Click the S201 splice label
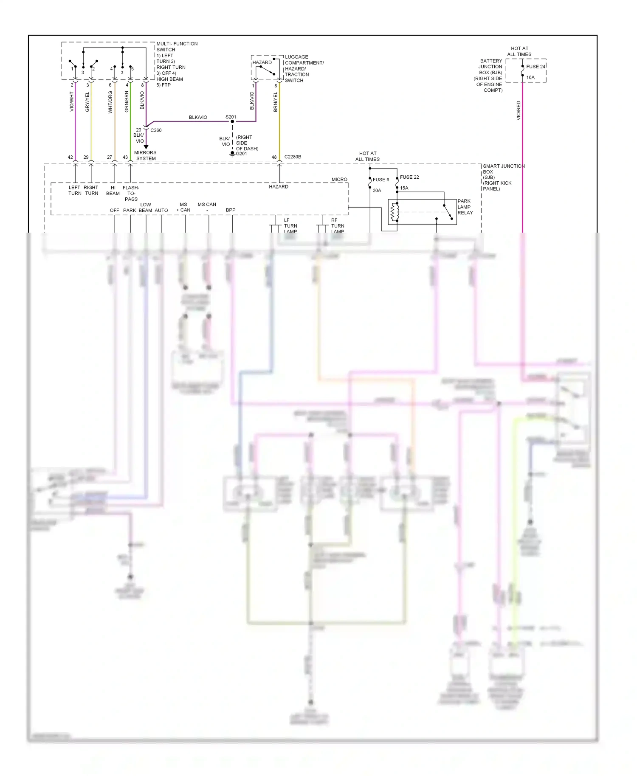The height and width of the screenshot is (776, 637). coord(231,117)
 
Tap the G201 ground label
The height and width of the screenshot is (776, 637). coord(241,154)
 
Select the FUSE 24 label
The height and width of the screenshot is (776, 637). coord(536,67)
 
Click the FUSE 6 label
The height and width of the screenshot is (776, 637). coord(381,180)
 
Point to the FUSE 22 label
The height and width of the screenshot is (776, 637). coord(409,177)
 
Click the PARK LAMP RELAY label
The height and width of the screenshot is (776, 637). coord(465,207)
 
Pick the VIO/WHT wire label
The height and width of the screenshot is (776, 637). coord(72,102)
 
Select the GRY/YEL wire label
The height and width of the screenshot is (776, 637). coord(87,102)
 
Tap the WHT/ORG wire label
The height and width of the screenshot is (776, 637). coord(110,102)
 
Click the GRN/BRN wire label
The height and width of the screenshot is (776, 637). coord(127,102)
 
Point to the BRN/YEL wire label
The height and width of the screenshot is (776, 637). coord(276,102)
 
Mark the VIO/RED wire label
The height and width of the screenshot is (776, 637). coord(519,110)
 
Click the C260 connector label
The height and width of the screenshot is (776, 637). coord(156,130)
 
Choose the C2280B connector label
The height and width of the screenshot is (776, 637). coord(293,157)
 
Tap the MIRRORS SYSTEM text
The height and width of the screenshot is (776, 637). coord(146,155)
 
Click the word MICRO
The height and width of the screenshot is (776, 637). coord(339,180)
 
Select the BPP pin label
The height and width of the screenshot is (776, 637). coord(231,210)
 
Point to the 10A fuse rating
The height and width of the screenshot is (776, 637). coord(530,78)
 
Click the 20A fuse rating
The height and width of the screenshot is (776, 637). coord(377,191)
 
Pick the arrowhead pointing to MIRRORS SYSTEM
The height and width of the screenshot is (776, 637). coord(146,147)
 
